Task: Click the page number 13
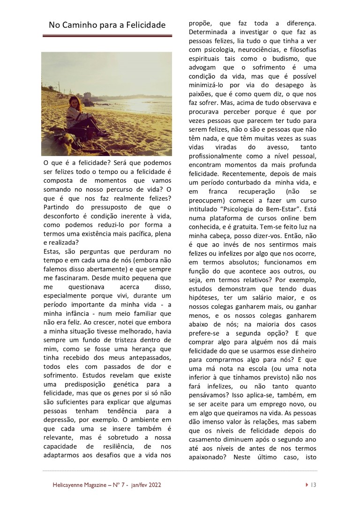tap(314, 485)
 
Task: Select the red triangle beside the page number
tap(306, 485)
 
